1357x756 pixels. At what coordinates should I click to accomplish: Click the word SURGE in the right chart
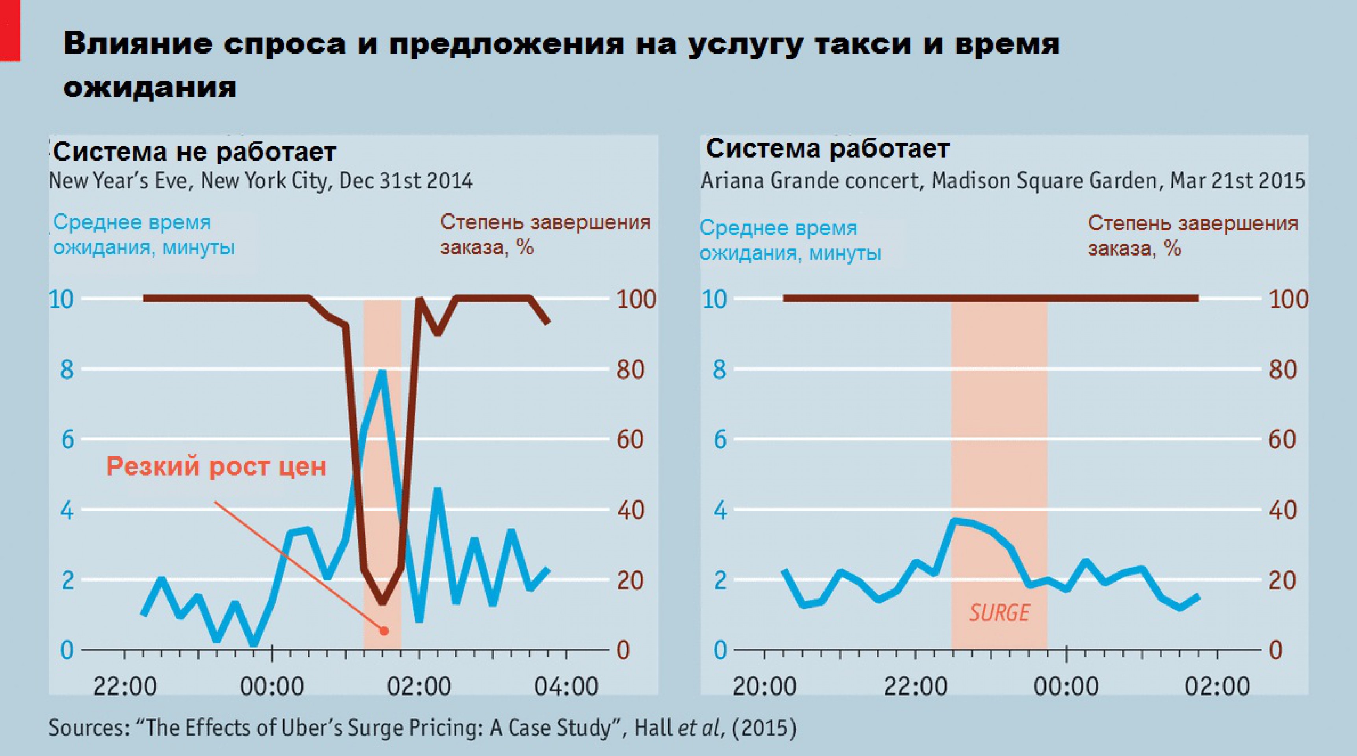pos(999,613)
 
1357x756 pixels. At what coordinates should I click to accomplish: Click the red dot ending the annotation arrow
pos(384,631)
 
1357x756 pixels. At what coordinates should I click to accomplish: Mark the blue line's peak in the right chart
pos(954,521)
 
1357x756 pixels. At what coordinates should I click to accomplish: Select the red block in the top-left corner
pos(9,31)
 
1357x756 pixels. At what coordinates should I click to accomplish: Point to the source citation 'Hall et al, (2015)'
pos(715,728)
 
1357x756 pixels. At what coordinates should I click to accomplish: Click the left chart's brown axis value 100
pos(636,299)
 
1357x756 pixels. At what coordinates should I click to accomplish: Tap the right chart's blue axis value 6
pos(719,439)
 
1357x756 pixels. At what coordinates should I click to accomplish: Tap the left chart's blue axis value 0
pos(67,650)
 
